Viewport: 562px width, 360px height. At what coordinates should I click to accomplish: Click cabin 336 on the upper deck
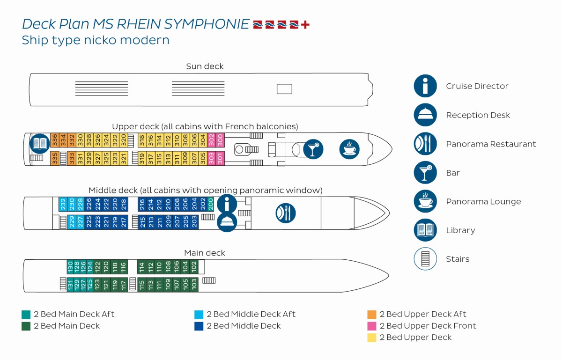[x=55, y=140]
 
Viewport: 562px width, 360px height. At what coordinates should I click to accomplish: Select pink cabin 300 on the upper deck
[x=220, y=140]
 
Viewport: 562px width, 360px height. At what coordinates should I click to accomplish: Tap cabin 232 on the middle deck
[x=63, y=204]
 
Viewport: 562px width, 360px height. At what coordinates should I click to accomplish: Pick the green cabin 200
[x=211, y=204]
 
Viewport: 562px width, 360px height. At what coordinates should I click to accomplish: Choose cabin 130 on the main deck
[x=71, y=267]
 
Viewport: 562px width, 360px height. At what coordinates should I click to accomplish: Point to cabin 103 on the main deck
[x=194, y=284]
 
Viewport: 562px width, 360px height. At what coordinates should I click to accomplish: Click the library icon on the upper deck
[x=39, y=144]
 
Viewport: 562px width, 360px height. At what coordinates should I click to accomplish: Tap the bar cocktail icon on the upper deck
[x=313, y=149]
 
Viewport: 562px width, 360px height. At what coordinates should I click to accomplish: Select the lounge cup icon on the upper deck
[x=349, y=149]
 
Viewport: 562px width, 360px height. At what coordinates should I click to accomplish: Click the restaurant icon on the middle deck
[x=285, y=213]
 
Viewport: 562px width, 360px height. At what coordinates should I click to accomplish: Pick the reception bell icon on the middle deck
[x=226, y=221]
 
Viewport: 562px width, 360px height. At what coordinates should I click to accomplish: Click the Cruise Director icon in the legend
[x=425, y=86]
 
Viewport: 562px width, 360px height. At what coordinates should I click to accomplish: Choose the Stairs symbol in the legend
[x=425, y=259]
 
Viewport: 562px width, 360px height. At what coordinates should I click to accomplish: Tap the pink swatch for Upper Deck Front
[x=372, y=326]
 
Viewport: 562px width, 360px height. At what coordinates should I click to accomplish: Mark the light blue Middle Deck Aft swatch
[x=199, y=314]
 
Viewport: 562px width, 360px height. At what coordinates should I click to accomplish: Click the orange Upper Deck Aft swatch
[x=372, y=314]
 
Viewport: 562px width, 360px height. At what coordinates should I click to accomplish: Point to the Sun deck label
[x=205, y=66]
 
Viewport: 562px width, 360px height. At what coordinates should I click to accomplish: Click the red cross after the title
[x=305, y=24]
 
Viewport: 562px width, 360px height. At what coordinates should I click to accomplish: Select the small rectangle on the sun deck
[x=284, y=89]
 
